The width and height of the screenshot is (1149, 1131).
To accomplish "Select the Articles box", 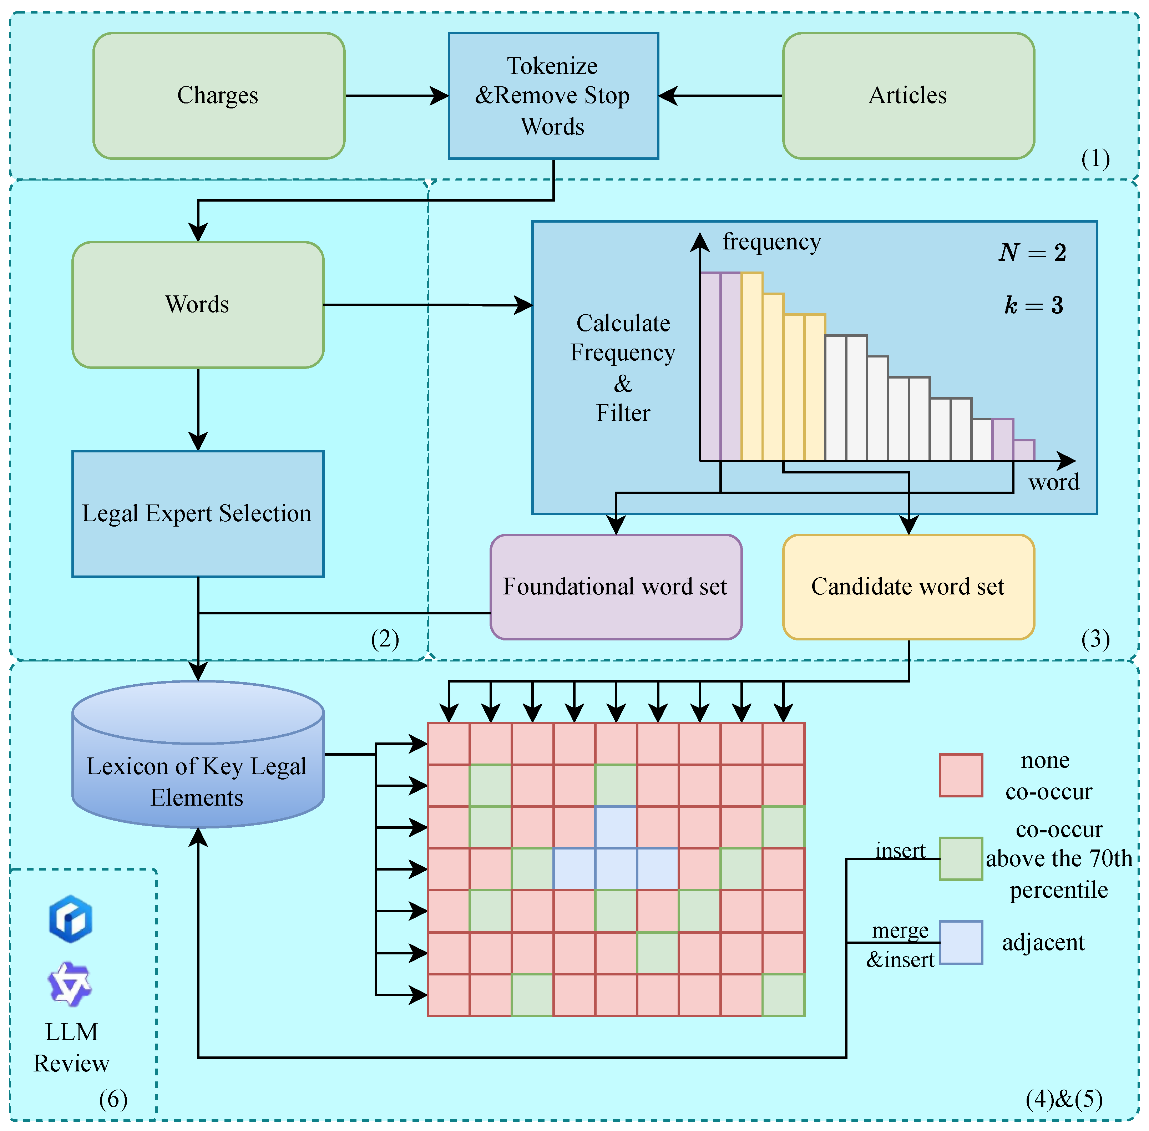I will point(908,96).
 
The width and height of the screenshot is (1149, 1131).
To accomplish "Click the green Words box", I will point(197,304).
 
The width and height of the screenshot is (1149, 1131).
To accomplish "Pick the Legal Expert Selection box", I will point(197,513).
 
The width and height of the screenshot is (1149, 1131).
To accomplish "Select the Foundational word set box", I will point(616,586).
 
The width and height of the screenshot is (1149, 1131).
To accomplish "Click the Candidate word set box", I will point(908,586).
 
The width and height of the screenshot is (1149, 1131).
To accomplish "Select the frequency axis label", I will point(771,242).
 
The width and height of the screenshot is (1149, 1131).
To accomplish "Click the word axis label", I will point(1053,482).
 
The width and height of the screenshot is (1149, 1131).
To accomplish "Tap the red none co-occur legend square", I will point(961,775).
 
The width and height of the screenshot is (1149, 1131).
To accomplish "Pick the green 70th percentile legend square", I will point(961,858).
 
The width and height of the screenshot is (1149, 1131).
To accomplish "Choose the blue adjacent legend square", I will point(961,942).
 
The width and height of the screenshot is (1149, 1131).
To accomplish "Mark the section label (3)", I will point(1095,639).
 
